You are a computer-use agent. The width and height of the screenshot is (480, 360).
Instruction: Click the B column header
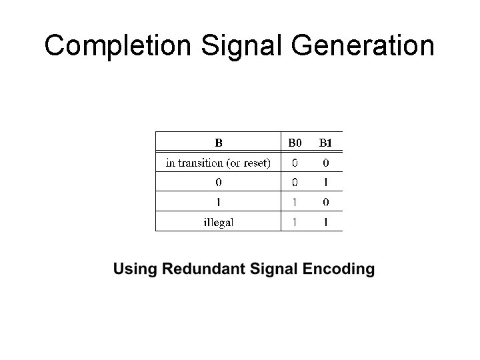click(x=218, y=142)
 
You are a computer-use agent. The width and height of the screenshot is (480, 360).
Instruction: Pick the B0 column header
click(x=295, y=142)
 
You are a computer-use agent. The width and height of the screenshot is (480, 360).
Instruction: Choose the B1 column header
click(x=325, y=142)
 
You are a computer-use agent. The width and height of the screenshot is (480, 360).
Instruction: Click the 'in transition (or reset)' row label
click(x=218, y=163)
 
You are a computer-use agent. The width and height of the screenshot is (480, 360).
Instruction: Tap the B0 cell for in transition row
click(x=295, y=163)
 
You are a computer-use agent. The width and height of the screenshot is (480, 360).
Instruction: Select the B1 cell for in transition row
click(x=325, y=163)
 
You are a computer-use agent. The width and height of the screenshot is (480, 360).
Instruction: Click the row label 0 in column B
click(x=219, y=182)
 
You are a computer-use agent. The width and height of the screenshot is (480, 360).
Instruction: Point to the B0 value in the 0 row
click(x=295, y=182)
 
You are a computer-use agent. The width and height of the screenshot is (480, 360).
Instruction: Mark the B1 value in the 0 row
click(x=325, y=182)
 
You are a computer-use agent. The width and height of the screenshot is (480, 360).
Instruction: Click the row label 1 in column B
click(x=219, y=202)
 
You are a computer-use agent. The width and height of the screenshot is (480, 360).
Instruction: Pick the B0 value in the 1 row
click(x=295, y=202)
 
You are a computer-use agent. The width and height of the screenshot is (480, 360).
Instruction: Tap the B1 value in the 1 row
click(x=325, y=202)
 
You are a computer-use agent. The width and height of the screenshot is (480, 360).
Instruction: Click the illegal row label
click(x=219, y=222)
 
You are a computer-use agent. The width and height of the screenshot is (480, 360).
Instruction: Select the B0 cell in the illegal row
click(x=295, y=222)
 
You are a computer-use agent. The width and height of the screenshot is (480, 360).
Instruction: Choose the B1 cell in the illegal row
click(x=325, y=222)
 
